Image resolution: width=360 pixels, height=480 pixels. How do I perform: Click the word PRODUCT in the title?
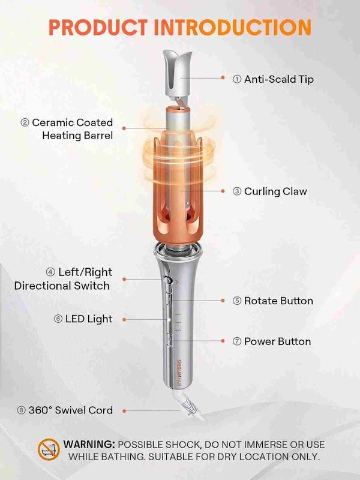coord(98,28)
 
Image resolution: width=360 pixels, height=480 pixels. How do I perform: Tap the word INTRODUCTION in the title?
coord(233,28)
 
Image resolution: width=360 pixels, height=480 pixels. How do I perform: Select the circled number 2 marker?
coord(25,123)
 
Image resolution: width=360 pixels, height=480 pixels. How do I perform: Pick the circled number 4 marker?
coord(50,272)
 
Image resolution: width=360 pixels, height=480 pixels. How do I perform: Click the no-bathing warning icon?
coord(49,449)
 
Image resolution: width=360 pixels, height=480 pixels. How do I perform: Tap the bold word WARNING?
coord(89,444)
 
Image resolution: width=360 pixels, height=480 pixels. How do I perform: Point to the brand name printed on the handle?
coord(179,373)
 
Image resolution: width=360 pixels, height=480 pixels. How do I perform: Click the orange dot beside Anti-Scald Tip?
coord(223,78)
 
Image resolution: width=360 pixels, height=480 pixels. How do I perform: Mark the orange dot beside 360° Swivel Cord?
coord(124,411)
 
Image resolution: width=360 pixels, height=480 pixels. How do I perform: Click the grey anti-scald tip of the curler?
coord(178,73)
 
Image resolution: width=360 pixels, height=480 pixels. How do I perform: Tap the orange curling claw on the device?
coord(178,190)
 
